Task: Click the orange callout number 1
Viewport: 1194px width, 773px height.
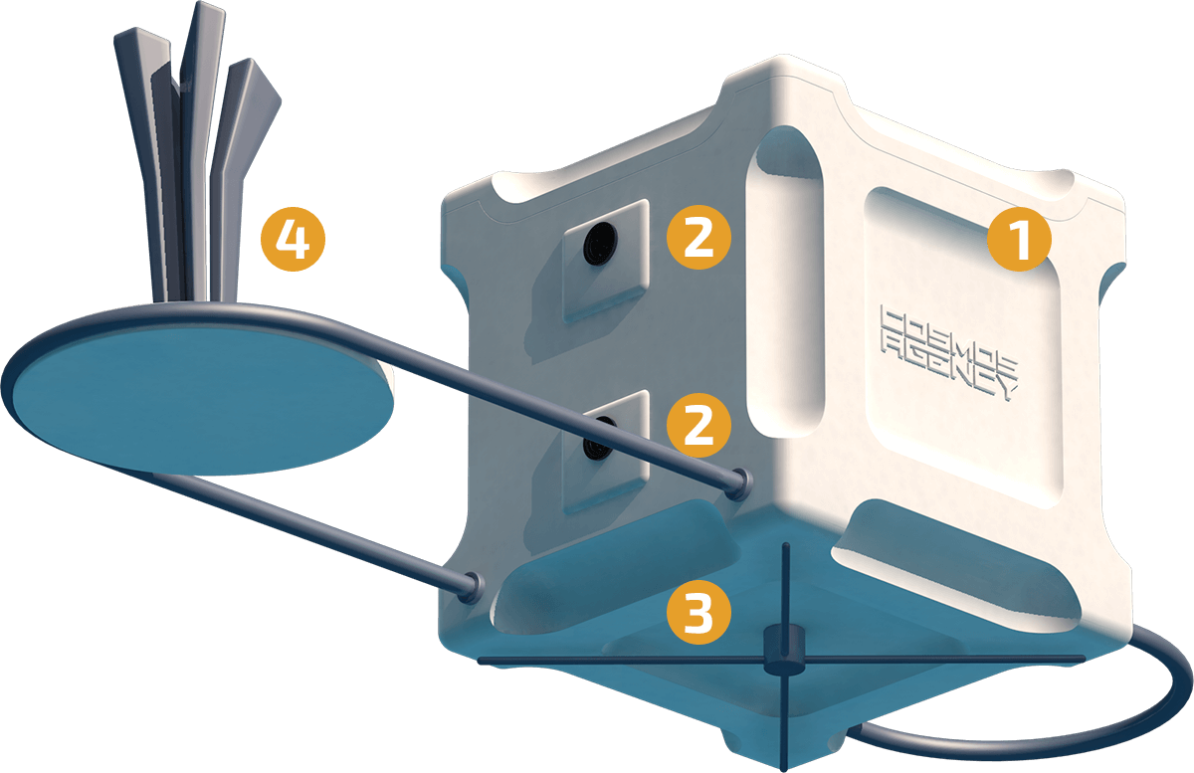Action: tap(1019, 239)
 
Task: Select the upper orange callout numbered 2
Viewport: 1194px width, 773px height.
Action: tap(698, 237)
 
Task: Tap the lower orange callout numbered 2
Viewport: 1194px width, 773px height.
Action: tap(698, 425)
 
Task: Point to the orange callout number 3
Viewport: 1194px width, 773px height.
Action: tap(698, 612)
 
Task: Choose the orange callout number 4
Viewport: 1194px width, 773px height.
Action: tap(293, 239)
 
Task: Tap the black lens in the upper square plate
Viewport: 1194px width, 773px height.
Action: tap(599, 244)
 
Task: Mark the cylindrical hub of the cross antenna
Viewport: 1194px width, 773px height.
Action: tap(784, 651)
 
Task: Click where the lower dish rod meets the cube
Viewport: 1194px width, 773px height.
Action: tap(472, 586)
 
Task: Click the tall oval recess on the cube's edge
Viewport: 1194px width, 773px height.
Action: tap(786, 283)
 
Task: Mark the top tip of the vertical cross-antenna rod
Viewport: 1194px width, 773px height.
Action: tap(785, 544)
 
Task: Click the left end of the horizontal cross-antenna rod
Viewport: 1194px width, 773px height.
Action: tap(479, 661)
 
